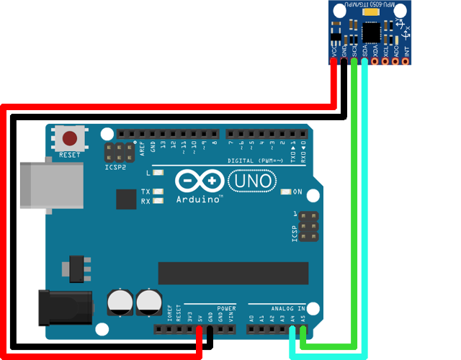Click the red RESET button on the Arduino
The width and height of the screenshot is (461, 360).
[x=70, y=138]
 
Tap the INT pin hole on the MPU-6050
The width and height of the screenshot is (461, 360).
[x=406, y=61]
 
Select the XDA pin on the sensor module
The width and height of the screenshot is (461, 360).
[x=375, y=61]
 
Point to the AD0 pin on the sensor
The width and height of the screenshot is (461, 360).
[x=396, y=61]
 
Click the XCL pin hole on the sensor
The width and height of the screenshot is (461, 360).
[x=385, y=61]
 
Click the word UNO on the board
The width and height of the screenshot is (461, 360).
[x=251, y=180]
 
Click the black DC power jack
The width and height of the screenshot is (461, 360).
[x=65, y=306]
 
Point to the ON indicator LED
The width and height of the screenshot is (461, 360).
[x=286, y=192]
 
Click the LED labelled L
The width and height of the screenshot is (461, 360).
[x=158, y=173]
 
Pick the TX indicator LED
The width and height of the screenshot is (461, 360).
[x=158, y=192]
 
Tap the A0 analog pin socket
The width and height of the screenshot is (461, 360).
[x=251, y=330]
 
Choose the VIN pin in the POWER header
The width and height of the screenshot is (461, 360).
[x=230, y=330]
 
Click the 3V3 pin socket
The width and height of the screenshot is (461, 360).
[x=189, y=330]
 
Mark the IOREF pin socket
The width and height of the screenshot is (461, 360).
[x=169, y=330]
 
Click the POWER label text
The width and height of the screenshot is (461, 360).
[x=226, y=308]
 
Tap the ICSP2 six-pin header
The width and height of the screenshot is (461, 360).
[x=119, y=152]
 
